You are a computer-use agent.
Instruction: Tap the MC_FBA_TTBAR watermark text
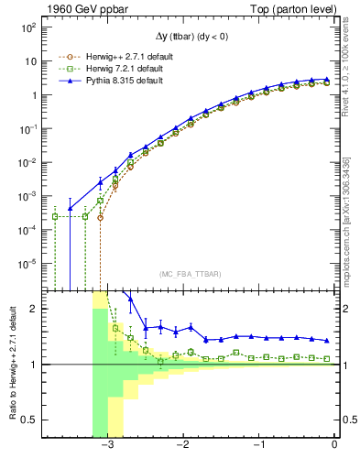click(189, 274)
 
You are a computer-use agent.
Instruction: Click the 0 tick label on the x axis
click(334, 445)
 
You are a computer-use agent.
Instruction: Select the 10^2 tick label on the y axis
click(28, 27)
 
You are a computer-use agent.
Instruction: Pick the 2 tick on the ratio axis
click(33, 309)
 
